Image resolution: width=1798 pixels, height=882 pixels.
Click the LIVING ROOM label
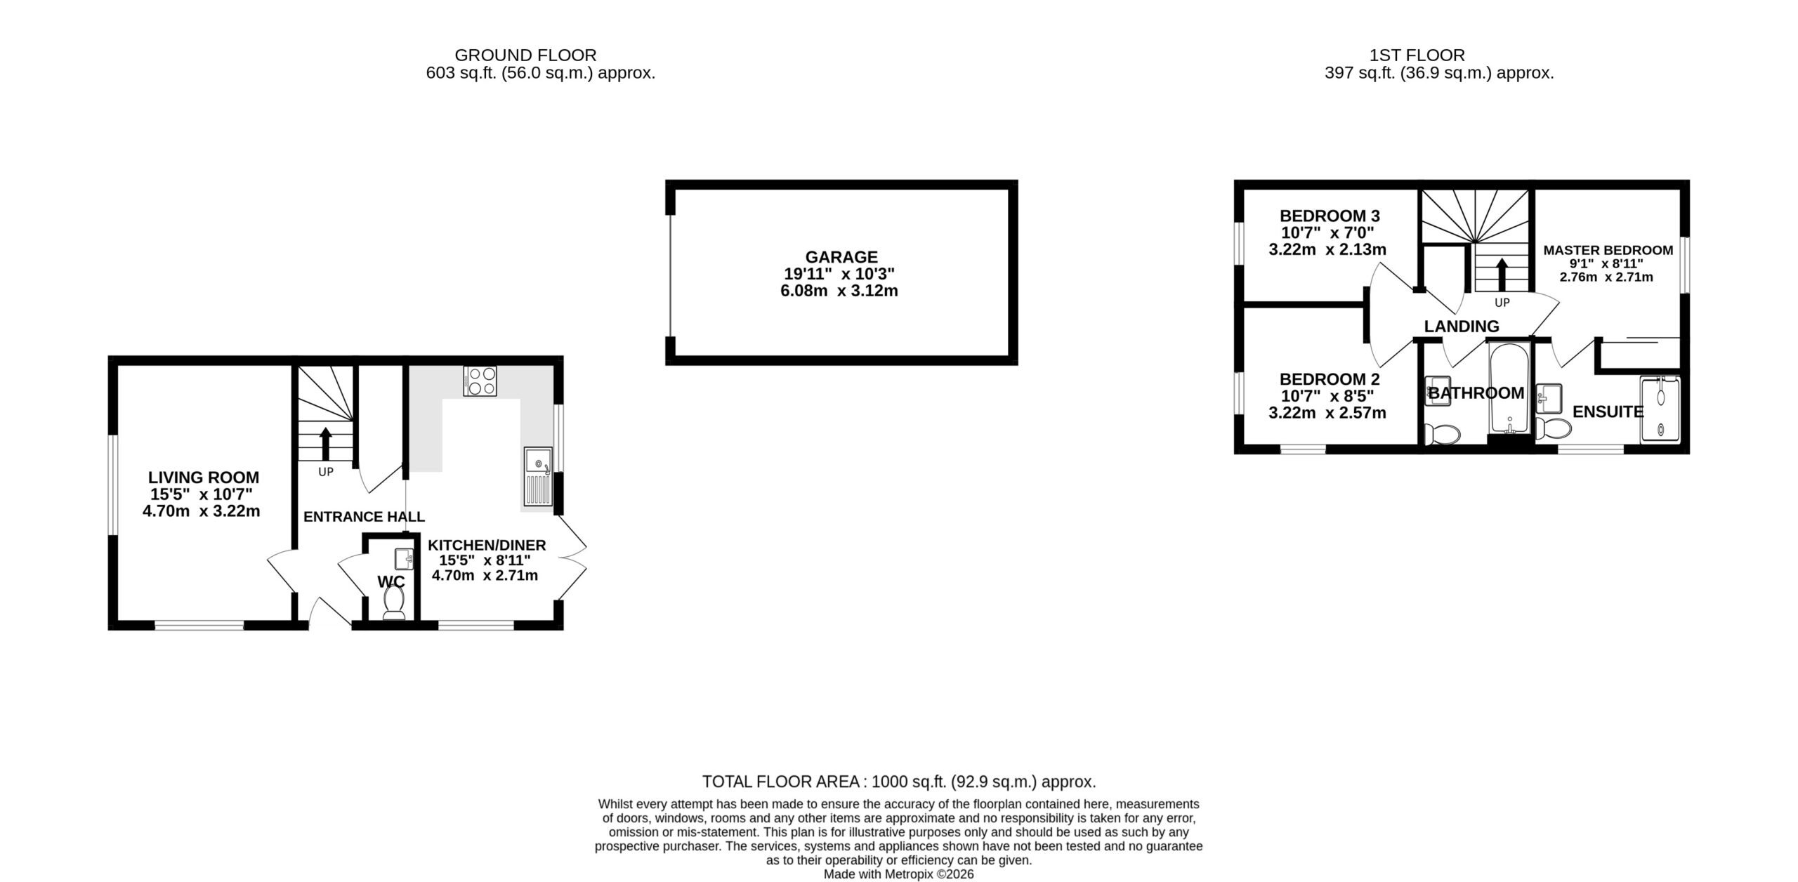[x=204, y=478]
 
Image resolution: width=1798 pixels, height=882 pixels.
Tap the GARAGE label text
[x=841, y=257]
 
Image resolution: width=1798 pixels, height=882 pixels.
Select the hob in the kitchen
[x=480, y=381]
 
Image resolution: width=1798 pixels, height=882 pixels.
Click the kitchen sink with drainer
[x=538, y=478]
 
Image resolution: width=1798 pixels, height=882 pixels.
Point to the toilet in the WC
[x=393, y=603]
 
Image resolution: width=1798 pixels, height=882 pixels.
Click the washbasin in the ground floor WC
[x=404, y=559]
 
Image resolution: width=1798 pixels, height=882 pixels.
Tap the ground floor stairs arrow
[x=326, y=443]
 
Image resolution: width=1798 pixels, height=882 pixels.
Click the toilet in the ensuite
[x=1552, y=428]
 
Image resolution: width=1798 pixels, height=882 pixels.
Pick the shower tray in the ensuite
[x=1660, y=409]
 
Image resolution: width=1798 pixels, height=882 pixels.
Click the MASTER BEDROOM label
[x=1608, y=250]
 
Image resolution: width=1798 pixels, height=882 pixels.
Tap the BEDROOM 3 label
[x=1330, y=216]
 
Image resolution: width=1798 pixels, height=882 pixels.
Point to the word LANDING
[x=1462, y=327]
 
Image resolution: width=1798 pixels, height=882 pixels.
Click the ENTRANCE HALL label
[x=364, y=517]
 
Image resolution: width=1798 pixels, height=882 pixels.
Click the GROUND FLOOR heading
[x=525, y=55]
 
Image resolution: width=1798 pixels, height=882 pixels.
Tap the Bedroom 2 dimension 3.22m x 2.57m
[x=1327, y=413]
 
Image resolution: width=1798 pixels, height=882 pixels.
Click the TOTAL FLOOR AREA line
[x=899, y=782]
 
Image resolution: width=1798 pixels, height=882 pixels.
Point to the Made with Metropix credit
[x=898, y=875]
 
